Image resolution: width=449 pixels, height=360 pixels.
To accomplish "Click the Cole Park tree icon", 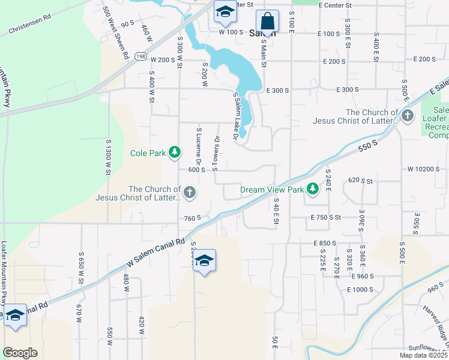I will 175,153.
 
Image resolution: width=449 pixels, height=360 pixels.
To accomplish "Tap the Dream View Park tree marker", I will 313,190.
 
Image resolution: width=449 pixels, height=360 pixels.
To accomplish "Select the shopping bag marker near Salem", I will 267,22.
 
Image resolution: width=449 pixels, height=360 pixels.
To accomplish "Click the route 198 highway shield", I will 140,56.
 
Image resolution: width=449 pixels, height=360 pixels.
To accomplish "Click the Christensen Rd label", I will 29,26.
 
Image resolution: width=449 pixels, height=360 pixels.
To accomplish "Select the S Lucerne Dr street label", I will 198,146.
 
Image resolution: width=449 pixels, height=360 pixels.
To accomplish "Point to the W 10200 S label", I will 423,169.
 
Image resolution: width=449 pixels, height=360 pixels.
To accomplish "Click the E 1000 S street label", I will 360,289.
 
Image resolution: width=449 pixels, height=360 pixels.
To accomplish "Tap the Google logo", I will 20,353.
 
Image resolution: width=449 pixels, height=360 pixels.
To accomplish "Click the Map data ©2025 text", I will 423,355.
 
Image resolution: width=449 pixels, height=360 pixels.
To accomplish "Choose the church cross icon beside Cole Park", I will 189,193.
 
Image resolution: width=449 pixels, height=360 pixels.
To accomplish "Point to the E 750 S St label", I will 326,217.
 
